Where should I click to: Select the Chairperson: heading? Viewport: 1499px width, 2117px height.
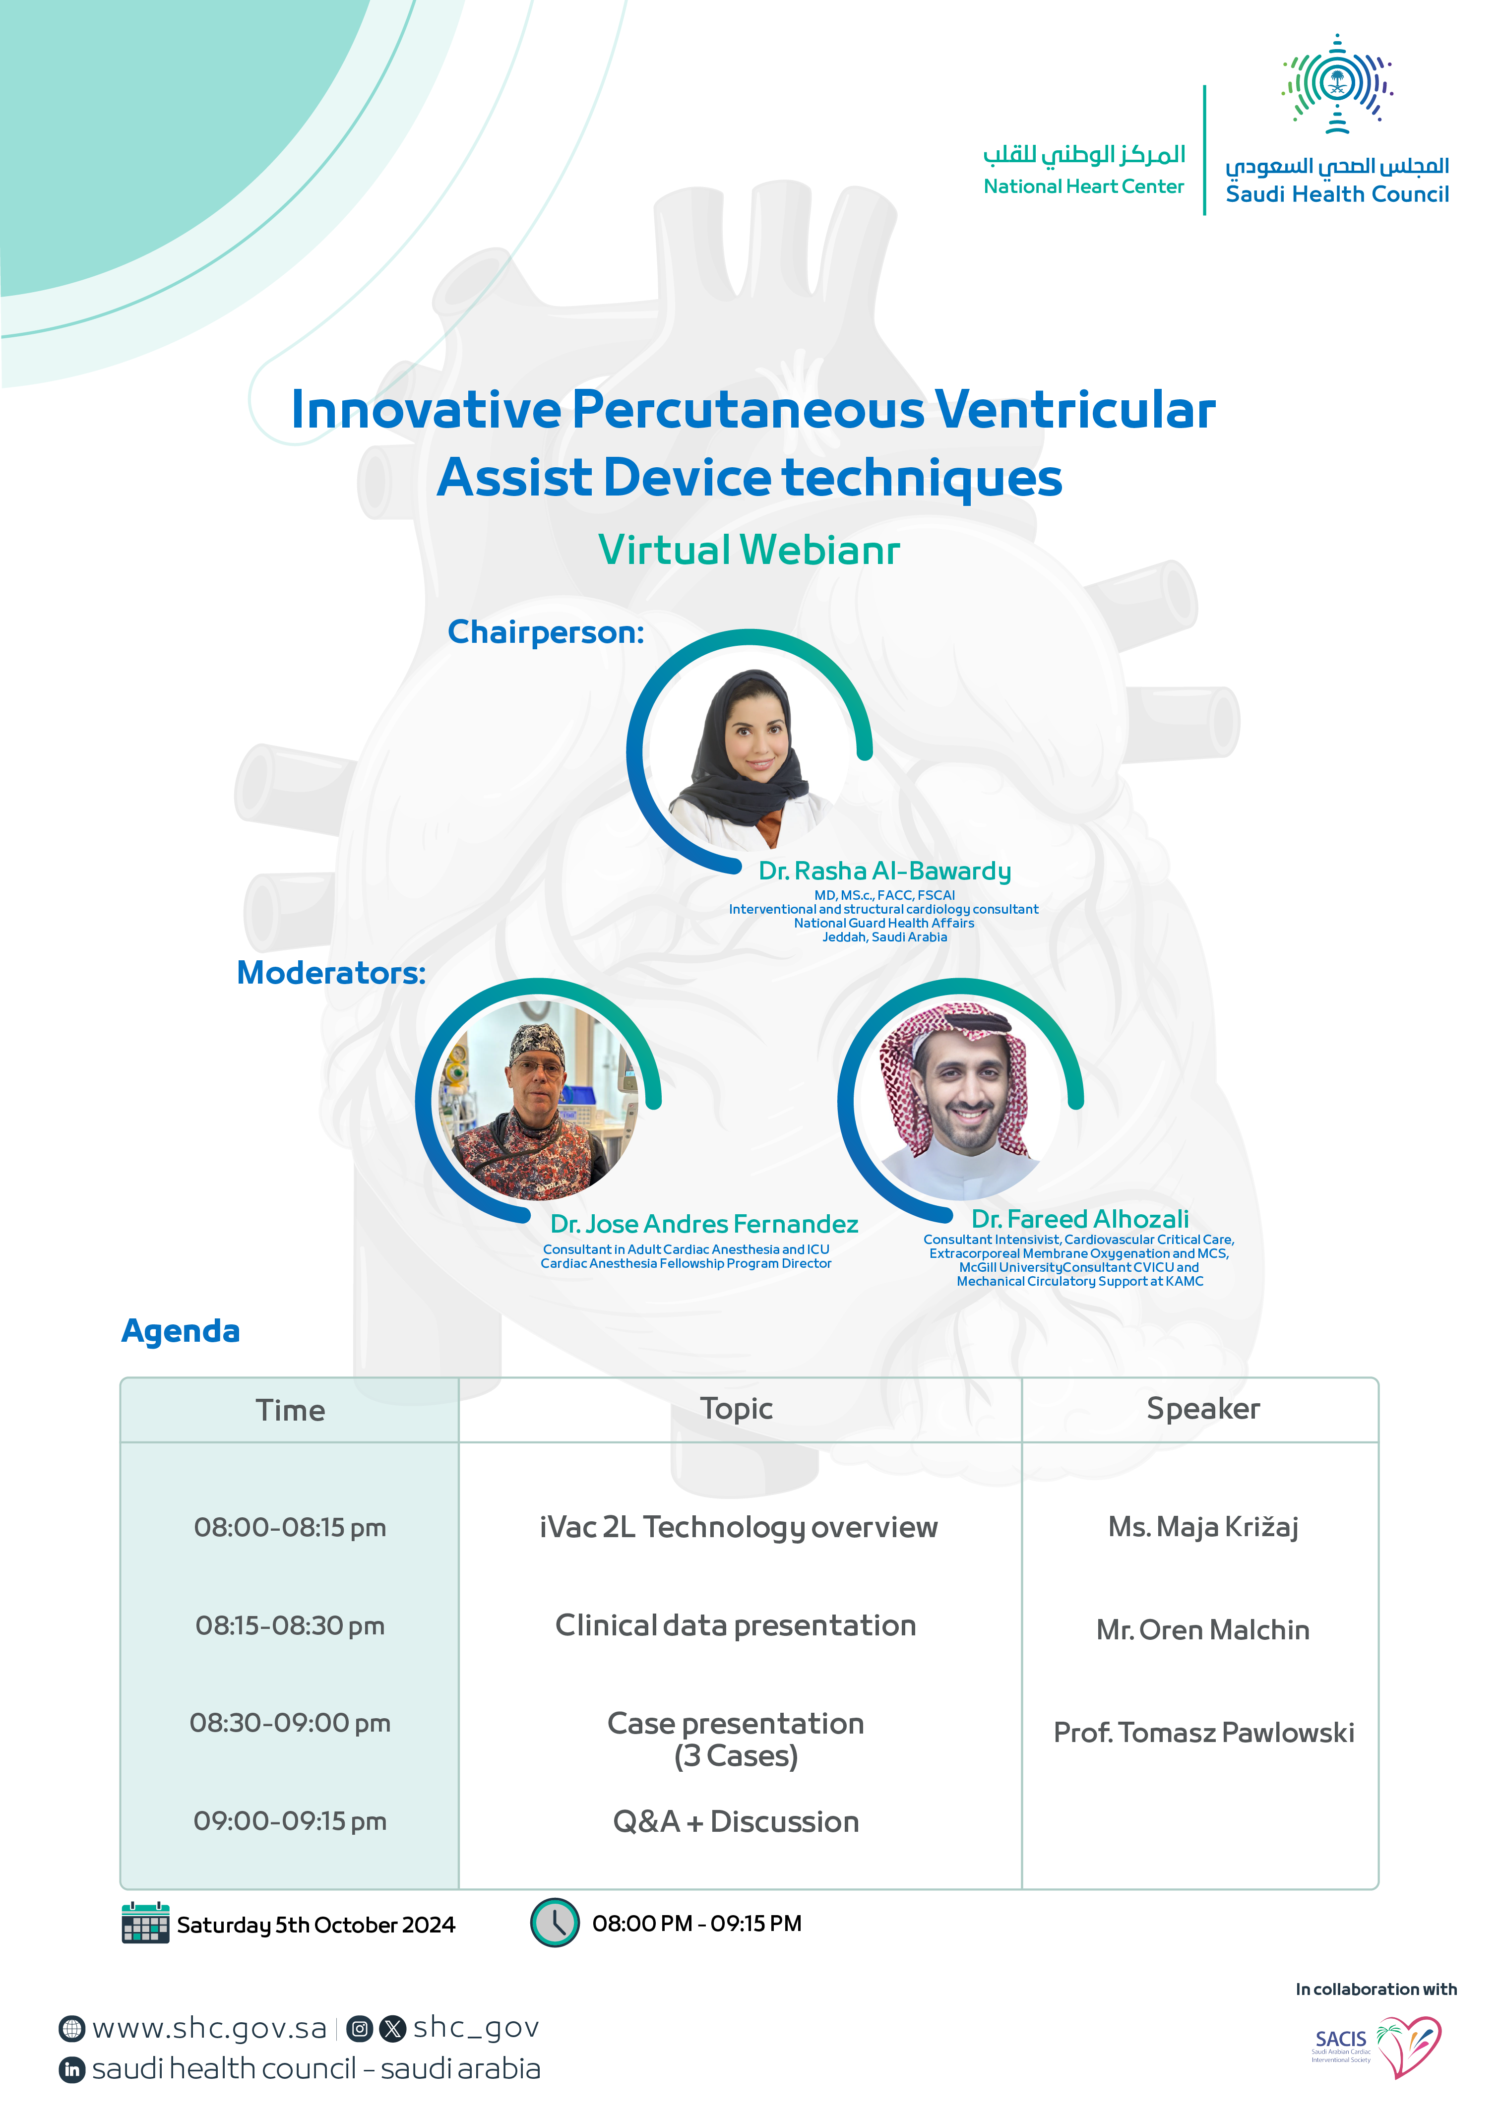point(546,632)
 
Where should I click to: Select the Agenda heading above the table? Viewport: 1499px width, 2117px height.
point(181,1331)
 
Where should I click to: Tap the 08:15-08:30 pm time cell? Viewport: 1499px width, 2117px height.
point(290,1626)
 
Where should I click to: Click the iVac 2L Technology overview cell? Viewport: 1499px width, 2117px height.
point(739,1527)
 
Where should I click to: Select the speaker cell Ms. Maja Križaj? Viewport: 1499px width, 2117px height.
point(1203,1527)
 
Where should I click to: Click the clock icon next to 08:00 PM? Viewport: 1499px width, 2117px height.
point(555,1922)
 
